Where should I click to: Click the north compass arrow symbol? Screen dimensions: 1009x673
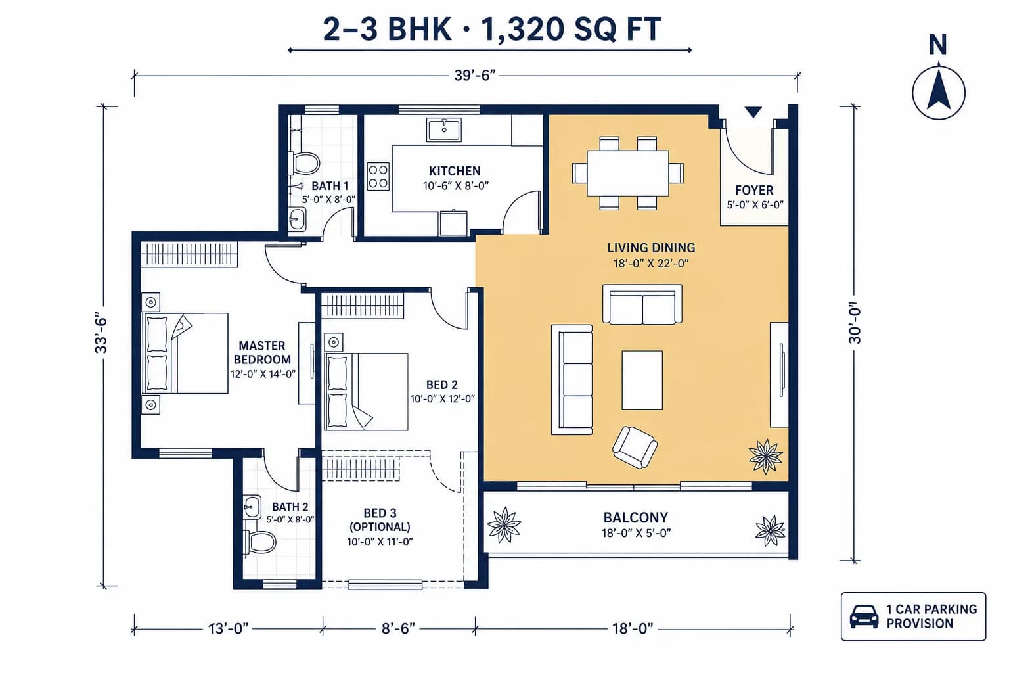(x=939, y=93)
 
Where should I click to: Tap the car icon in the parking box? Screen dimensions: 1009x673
(x=864, y=616)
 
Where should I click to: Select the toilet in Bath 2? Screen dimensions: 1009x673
(x=260, y=542)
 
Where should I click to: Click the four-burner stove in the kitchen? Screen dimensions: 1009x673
(x=378, y=176)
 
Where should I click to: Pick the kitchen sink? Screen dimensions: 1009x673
(x=443, y=130)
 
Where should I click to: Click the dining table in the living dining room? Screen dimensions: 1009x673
(x=627, y=173)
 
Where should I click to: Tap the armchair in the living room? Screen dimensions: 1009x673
(x=635, y=447)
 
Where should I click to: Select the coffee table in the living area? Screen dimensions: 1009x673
(x=642, y=380)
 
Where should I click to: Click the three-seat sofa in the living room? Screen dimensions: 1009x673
(x=572, y=380)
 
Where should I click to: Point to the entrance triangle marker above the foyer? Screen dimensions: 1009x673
(x=753, y=111)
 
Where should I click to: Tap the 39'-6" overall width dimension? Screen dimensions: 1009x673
(x=475, y=76)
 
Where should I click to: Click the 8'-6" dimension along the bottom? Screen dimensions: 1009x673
(x=398, y=628)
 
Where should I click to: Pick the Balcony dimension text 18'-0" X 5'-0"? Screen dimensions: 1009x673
(x=636, y=533)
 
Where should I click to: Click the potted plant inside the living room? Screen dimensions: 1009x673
(x=765, y=457)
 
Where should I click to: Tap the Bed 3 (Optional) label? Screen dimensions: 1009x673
(x=380, y=520)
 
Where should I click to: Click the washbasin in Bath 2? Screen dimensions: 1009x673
(x=252, y=507)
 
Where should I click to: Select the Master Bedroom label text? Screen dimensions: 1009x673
(x=262, y=352)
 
